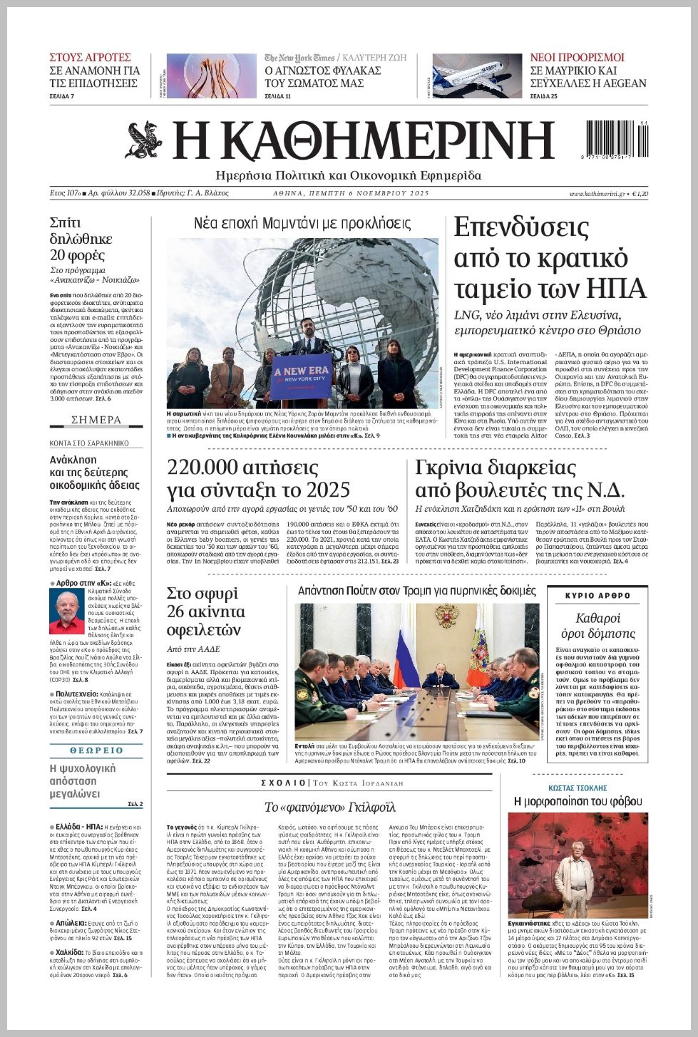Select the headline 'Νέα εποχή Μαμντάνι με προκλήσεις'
point(302,224)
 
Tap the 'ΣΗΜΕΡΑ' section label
point(96,420)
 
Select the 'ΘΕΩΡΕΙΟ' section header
point(96,750)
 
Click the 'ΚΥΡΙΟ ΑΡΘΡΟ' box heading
point(597,595)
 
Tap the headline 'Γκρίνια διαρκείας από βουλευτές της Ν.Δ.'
point(519,479)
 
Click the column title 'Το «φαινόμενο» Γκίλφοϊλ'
point(329,808)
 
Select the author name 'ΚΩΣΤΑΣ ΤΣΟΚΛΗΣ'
point(578,788)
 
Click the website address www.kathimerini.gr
point(597,194)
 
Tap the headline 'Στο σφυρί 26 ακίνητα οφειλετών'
point(205,612)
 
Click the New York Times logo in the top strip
point(299,58)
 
